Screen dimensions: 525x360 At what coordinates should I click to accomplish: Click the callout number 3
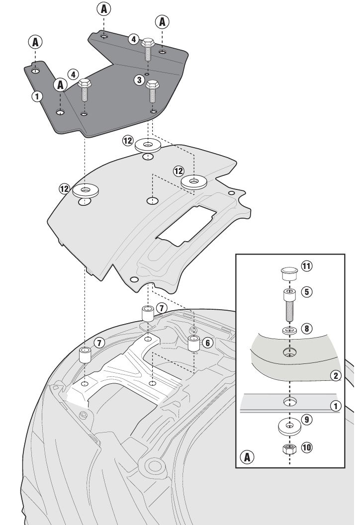point(139,80)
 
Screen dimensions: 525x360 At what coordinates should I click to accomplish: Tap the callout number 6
point(208,342)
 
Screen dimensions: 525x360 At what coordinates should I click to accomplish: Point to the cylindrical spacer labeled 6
point(193,344)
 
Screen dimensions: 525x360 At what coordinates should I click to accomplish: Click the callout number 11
point(306,266)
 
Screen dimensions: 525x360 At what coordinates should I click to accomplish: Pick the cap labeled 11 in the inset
point(288,272)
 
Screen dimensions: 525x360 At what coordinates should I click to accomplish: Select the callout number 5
point(307,292)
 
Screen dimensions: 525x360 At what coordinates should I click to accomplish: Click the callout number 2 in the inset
point(337,375)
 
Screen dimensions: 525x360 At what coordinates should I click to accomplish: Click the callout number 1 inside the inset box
point(337,406)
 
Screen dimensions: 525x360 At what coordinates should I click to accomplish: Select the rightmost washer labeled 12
point(194,182)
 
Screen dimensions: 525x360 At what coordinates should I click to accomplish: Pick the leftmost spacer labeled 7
point(87,355)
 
